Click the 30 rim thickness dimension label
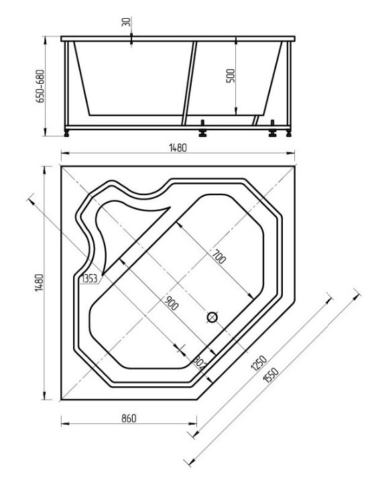point(126,21)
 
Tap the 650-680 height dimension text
point(40,86)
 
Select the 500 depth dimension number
point(231,75)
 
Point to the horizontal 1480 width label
point(178,148)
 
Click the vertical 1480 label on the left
point(39,282)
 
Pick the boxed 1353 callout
point(90,279)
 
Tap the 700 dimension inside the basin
point(219,256)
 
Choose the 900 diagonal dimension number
point(172,303)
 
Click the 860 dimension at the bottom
point(129,419)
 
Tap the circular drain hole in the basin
point(212,317)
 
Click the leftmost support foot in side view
point(66,133)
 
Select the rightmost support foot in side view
point(288,133)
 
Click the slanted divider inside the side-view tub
point(189,82)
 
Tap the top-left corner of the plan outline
point(61,166)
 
